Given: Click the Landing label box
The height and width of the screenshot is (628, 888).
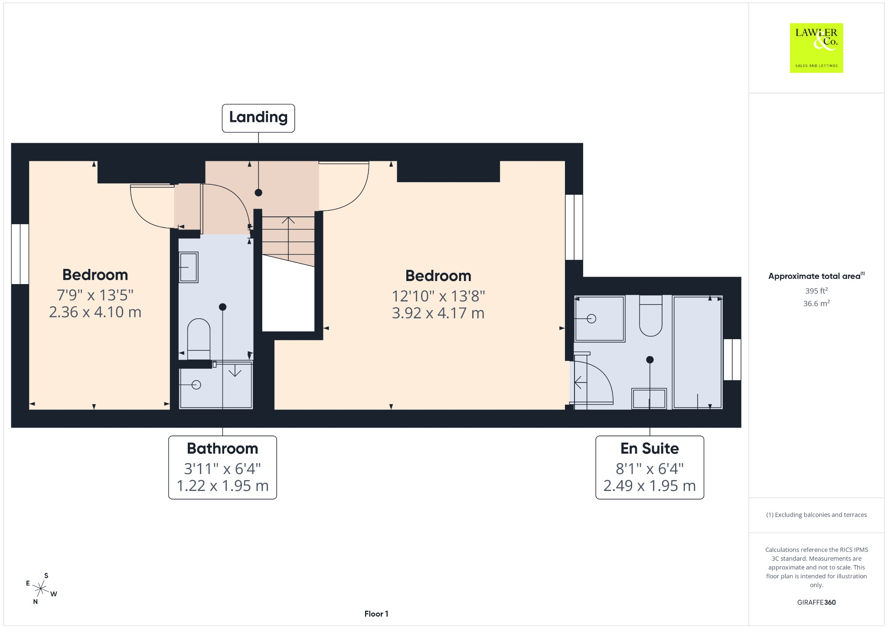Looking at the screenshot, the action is [x=258, y=118].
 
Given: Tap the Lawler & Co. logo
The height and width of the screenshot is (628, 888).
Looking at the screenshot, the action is [x=816, y=48].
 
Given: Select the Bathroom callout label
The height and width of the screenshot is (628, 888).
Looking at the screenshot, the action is [x=222, y=468].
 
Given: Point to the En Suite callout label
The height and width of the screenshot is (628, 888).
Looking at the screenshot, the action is [x=650, y=468].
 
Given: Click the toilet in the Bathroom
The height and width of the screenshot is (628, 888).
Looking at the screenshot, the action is [x=199, y=339].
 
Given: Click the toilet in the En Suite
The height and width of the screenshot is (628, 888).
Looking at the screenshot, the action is [x=651, y=315].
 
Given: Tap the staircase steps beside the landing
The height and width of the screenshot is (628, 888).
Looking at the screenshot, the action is [x=288, y=241].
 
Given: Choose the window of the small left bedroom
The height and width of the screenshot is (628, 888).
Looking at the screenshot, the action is [x=20, y=254].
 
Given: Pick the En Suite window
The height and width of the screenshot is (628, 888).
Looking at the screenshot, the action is [x=732, y=360].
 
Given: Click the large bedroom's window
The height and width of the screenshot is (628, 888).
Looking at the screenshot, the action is [x=574, y=227].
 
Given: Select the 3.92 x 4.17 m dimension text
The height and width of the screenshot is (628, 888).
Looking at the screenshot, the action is [x=438, y=313].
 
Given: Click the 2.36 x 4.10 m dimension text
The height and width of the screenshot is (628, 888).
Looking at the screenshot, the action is [x=95, y=312].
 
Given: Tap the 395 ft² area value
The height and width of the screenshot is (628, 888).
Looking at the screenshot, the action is [x=816, y=291].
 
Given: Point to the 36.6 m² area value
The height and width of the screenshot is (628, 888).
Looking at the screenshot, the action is [x=816, y=303].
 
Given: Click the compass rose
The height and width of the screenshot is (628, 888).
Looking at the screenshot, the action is [x=41, y=589].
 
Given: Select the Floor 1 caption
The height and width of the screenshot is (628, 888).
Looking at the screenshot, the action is [x=376, y=614].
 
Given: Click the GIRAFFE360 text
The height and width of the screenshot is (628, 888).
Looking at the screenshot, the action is [x=816, y=602].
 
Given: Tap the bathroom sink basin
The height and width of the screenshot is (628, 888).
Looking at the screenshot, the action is [x=189, y=267].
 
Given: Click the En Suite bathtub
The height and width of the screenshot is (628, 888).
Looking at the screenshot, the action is [x=698, y=352].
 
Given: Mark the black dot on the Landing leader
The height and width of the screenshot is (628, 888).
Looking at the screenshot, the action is [x=258, y=193].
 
